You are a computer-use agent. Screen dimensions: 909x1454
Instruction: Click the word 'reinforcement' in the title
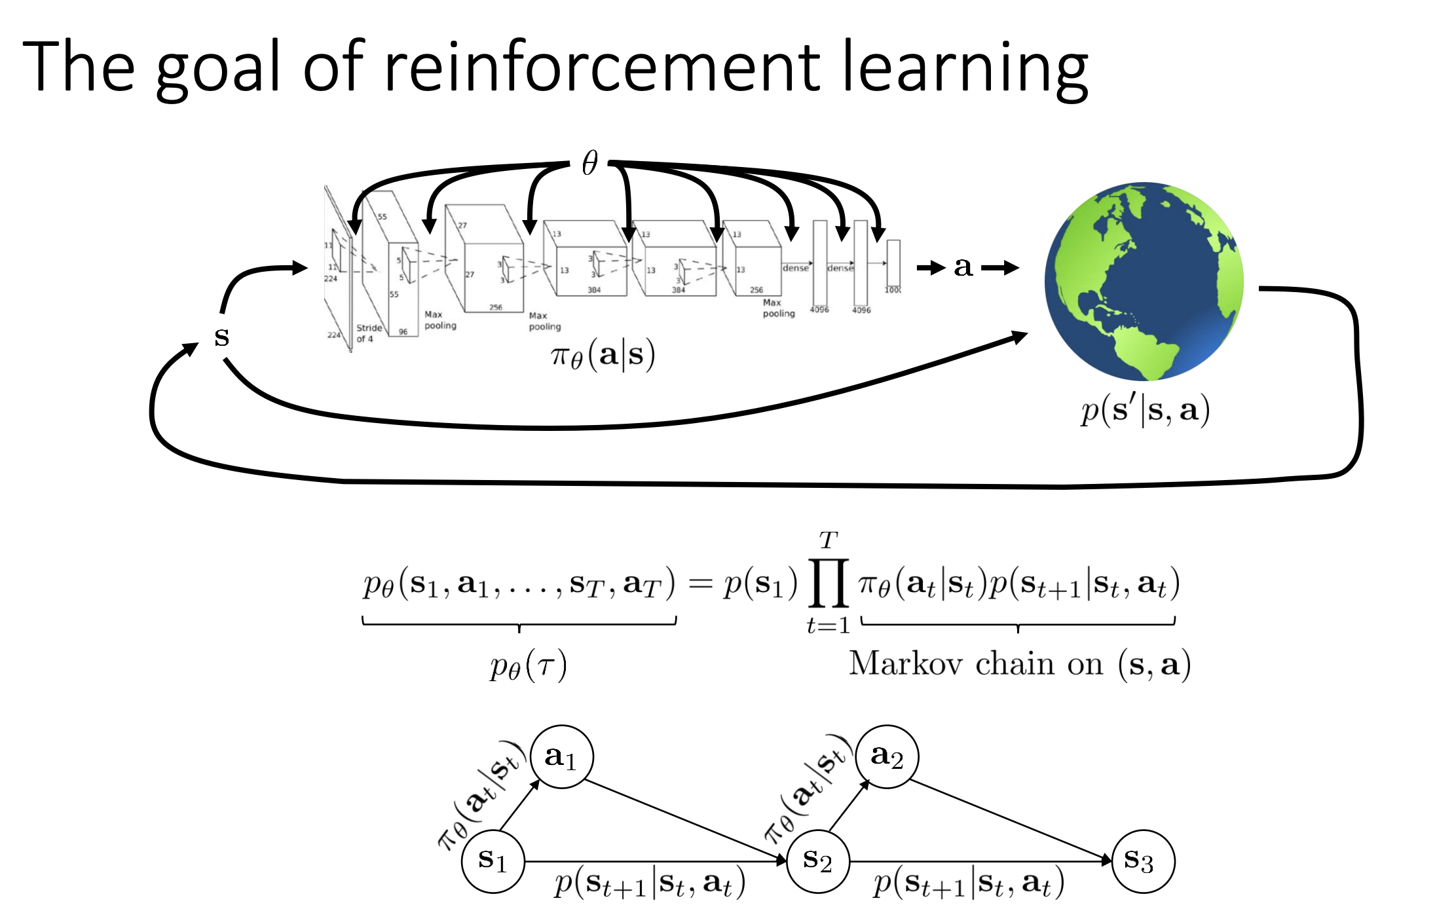pos(601,67)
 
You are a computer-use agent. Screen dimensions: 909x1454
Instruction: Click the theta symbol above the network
pos(589,162)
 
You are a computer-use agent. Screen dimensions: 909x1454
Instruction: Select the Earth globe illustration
pos(1144,282)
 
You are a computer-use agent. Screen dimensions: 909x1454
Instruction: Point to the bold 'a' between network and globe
pos(963,267)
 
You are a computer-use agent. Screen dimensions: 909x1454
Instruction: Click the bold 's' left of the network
pos(221,337)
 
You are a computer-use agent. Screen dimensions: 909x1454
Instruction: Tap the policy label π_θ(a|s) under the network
pos(603,356)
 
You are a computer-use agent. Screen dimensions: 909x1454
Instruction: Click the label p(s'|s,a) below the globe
pos(1145,411)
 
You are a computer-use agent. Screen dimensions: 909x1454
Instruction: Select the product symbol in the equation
pos(829,583)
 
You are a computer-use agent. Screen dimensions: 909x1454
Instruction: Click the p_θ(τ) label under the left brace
pos(528,667)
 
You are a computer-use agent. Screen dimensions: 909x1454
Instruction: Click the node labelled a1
pos(561,757)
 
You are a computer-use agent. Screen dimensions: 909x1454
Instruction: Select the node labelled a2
pos(887,757)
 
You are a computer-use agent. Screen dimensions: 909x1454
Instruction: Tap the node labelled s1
pos(493,861)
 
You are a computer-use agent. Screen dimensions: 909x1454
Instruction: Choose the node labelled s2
pos(817,861)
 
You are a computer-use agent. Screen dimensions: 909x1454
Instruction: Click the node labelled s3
pos(1143,861)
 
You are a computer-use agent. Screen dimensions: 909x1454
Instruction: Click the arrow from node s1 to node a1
pos(519,806)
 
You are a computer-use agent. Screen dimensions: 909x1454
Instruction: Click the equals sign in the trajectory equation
pos(700,583)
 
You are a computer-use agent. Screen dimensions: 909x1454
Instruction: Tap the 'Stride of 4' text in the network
pos(369,333)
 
